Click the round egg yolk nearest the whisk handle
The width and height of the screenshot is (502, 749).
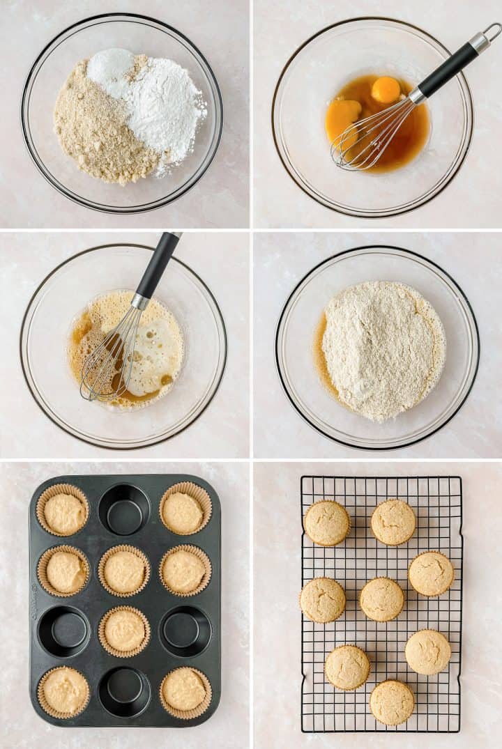[x=386, y=89]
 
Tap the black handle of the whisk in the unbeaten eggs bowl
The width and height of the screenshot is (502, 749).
[x=448, y=69]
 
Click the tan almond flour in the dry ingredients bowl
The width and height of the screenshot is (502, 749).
[x=98, y=132]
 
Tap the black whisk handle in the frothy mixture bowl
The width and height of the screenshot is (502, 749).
[x=158, y=265]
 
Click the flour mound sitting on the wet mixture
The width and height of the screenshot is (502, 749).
[x=383, y=348]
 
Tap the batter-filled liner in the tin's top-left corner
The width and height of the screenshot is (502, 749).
[x=63, y=511]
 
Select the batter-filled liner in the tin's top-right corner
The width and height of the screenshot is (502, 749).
[x=185, y=510]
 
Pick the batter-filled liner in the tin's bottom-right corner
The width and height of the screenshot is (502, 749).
[x=185, y=690]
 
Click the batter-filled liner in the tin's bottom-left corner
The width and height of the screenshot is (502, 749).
[x=63, y=691]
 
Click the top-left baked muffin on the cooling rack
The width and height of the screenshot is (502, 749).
[x=327, y=523]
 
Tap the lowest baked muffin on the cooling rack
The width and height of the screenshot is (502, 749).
[x=392, y=702]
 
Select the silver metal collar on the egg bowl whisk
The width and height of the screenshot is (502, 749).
[x=418, y=95]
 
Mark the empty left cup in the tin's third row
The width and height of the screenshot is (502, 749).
[x=63, y=631]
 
